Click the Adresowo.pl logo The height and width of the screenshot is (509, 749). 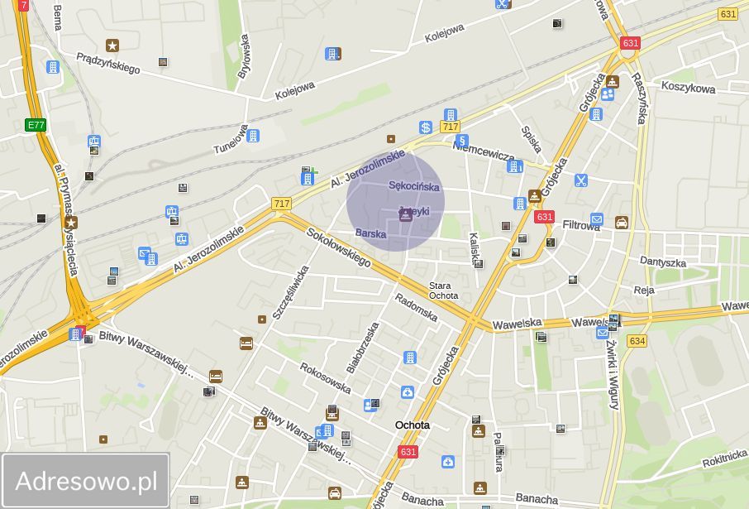click(x=86, y=481)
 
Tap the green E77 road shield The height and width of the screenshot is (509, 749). click(x=36, y=125)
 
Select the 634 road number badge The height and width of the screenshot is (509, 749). click(x=637, y=340)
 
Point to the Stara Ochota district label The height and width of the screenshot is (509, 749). click(x=443, y=291)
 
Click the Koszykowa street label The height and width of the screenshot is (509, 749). click(x=688, y=88)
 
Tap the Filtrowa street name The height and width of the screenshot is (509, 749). click(x=581, y=224)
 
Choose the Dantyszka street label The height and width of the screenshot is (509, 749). click(x=663, y=262)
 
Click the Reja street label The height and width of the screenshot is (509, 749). click(x=644, y=291)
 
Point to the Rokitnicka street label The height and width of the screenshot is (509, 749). click(x=724, y=459)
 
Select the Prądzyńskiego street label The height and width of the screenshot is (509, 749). click(x=107, y=63)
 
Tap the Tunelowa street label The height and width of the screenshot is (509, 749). click(x=231, y=139)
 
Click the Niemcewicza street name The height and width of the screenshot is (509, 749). click(x=484, y=150)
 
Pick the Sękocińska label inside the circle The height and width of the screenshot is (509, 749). click(x=414, y=186)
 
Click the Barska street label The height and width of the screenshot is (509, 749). click(x=370, y=234)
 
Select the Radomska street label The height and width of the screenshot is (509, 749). click(x=416, y=307)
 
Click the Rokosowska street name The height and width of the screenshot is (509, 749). click(x=325, y=378)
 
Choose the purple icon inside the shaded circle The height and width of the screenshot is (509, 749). click(x=406, y=215)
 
